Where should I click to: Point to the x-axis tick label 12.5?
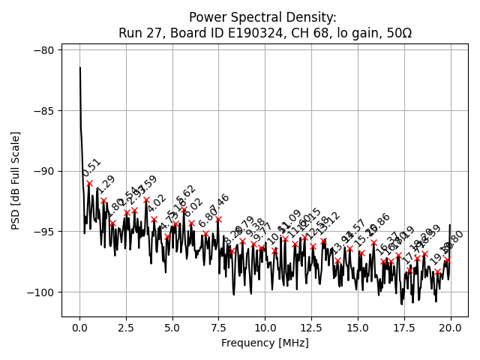pos(311,328)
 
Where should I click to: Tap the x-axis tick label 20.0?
pos(450,328)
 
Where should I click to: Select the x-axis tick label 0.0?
pos(79,328)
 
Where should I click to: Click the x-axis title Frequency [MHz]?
pos(265,343)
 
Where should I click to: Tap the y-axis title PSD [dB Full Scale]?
pos(16,180)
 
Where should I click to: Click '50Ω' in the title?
pos(398,33)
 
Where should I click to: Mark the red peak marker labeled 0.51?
pos(89,183)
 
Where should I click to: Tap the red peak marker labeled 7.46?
pos(218,220)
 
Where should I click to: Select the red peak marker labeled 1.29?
pos(103,201)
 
